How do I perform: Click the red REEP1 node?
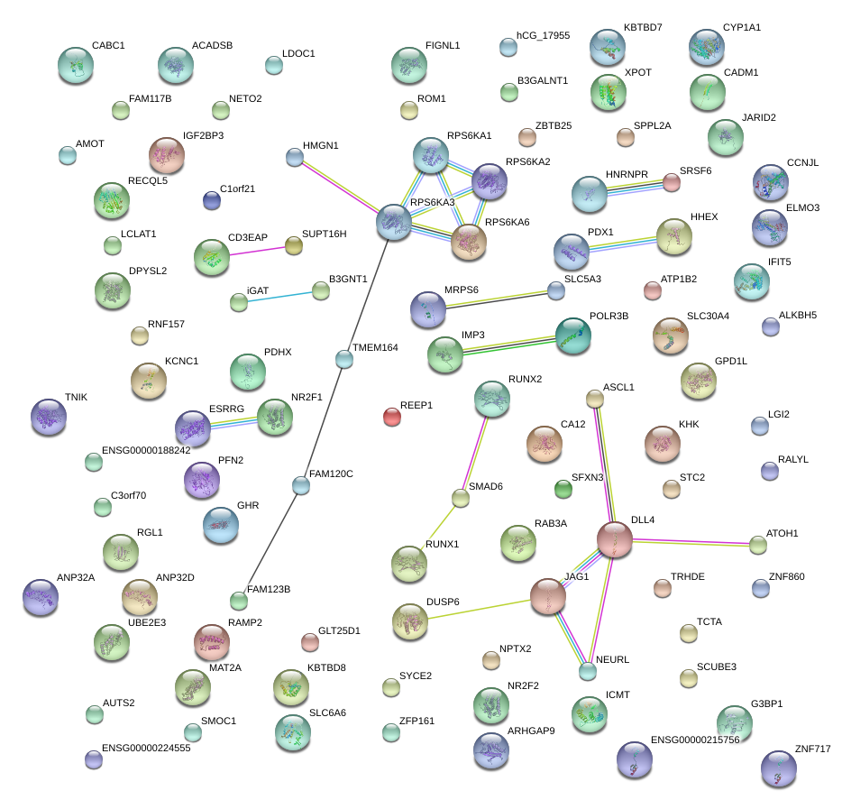[x=391, y=416]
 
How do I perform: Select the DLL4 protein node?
[x=615, y=539]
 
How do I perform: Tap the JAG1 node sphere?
[x=547, y=596]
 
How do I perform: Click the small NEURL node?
[x=588, y=670]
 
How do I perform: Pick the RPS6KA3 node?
[x=393, y=221]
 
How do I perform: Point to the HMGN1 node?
[x=294, y=157]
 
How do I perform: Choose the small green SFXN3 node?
[x=563, y=489]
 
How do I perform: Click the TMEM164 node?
[x=343, y=359]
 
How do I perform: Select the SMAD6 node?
[x=461, y=497]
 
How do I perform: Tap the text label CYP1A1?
[x=741, y=28]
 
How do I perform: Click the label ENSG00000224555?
[x=146, y=748]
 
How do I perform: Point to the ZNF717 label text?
[x=812, y=749]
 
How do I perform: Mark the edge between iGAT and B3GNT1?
[x=279, y=296]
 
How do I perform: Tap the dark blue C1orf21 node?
[x=212, y=200]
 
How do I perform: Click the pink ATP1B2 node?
[x=653, y=290]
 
